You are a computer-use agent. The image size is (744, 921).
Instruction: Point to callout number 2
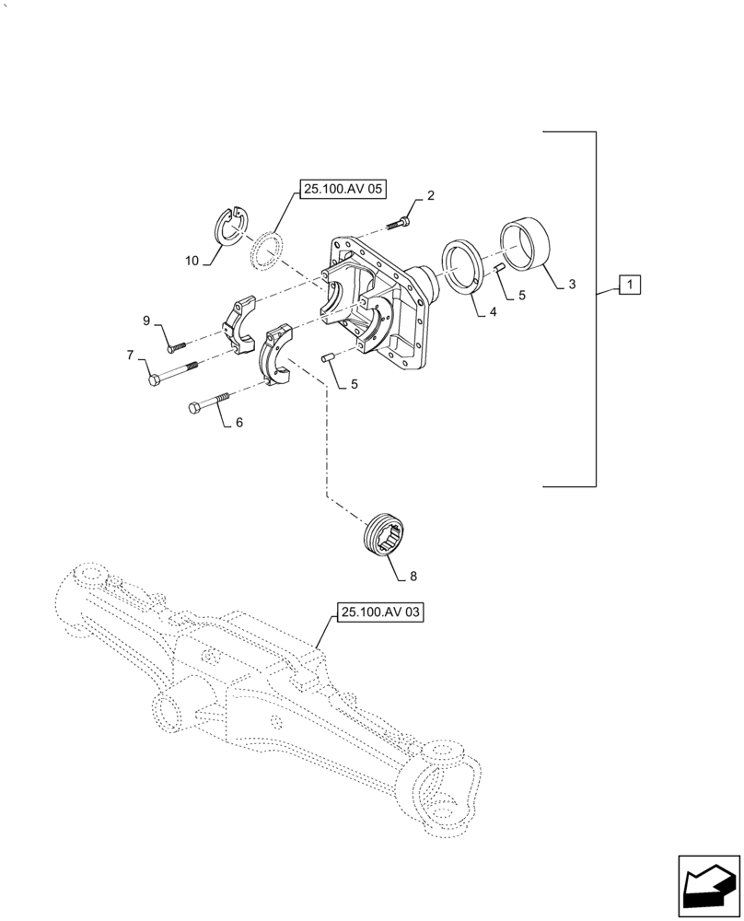click(x=430, y=195)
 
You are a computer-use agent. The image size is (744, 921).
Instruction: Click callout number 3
click(x=572, y=285)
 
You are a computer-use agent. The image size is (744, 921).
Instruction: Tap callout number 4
click(x=494, y=312)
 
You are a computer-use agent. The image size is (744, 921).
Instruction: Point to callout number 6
click(x=239, y=423)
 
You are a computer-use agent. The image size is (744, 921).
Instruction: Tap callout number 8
click(x=413, y=577)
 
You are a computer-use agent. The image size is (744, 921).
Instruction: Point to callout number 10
click(x=192, y=262)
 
